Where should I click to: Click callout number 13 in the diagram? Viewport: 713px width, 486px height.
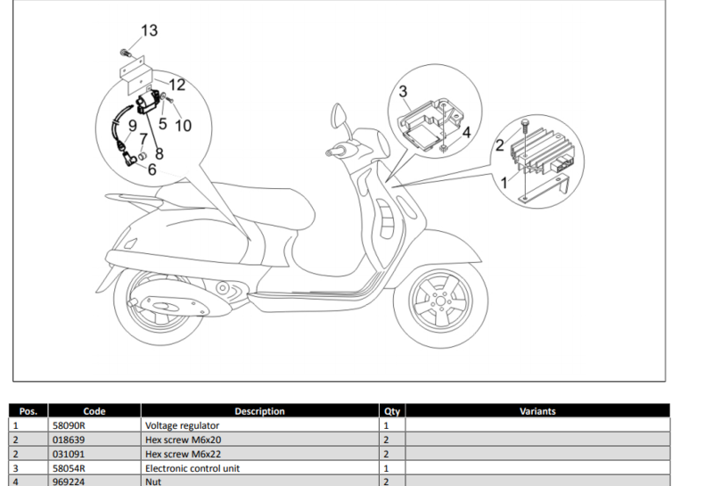(149, 30)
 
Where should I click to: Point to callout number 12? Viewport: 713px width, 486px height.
(176, 85)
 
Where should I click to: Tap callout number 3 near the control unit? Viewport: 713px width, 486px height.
(403, 91)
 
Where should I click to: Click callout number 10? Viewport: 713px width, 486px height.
(183, 126)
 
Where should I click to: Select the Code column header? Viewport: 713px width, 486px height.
(94, 411)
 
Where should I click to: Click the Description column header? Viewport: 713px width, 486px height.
(259, 411)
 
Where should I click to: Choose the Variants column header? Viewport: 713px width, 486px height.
(537, 411)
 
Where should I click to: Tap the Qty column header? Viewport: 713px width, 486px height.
(392, 411)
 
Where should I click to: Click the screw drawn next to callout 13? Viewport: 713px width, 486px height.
(126, 54)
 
